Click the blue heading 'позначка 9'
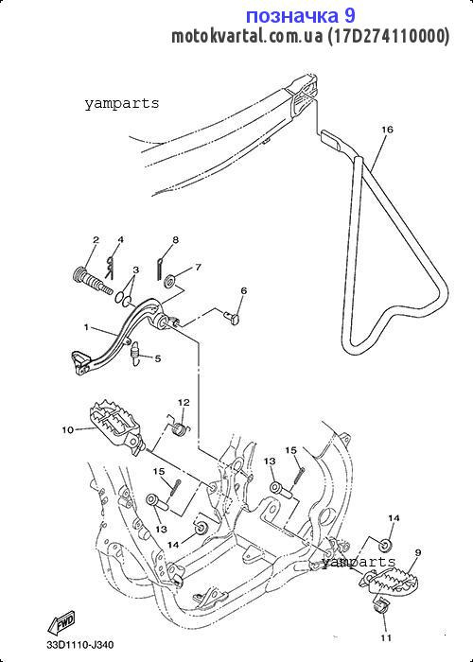pos(300,16)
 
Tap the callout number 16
pos(387,130)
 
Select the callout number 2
pos(96,240)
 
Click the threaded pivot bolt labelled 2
pos(91,282)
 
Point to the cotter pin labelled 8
pos(159,269)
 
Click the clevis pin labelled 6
pos(232,316)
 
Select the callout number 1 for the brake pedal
pos(86,327)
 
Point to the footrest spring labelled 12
pos(182,427)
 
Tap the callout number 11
pos(386,637)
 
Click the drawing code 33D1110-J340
pos(79,646)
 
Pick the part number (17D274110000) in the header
pos(389,36)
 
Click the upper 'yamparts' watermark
pos(122,103)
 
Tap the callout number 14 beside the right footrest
pos(394,518)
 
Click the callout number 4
pos(121,240)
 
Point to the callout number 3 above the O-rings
pos(135,270)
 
